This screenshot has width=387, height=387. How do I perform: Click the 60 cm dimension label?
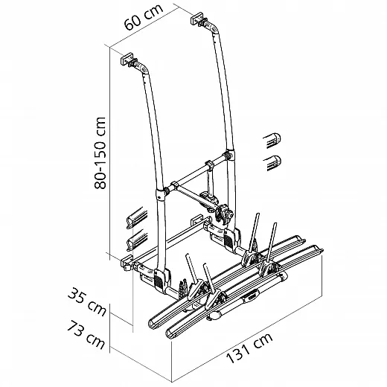[x=144, y=16]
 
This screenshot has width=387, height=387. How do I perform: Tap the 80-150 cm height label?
[x=100, y=153]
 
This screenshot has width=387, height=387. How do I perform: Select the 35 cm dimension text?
[x=87, y=301]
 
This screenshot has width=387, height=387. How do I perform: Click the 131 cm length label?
[x=249, y=348]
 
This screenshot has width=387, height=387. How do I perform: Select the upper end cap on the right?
[x=272, y=140]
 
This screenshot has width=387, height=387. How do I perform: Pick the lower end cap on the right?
[x=272, y=162]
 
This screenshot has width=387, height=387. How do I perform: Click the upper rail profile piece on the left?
[x=137, y=218]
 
